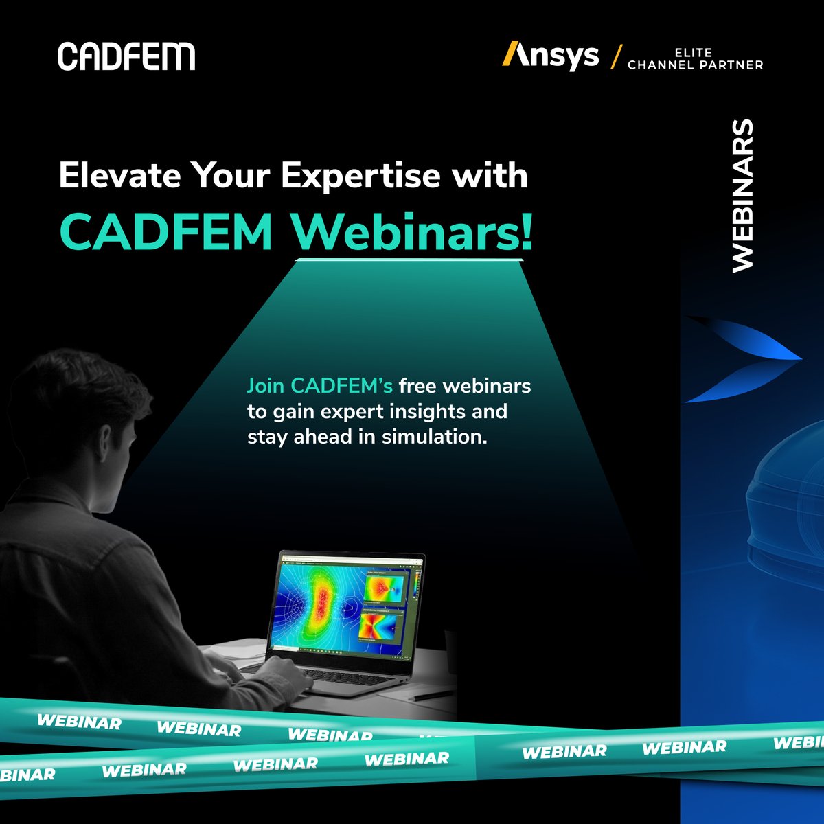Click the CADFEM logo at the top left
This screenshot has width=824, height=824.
click(x=126, y=56)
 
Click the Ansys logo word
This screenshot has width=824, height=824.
click(x=551, y=56)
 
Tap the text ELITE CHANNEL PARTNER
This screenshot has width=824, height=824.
click(x=695, y=59)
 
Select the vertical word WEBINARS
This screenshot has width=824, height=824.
click(x=743, y=196)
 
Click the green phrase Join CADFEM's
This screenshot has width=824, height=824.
click(x=319, y=386)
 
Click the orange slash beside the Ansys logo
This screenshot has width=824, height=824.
click(x=615, y=56)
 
